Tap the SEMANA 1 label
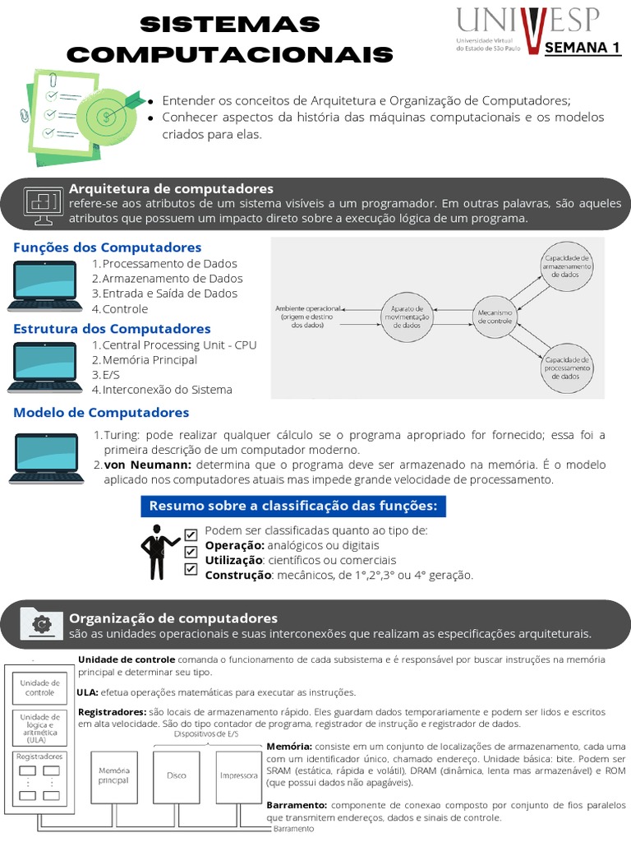pos(582,48)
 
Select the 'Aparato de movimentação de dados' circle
pos(406,317)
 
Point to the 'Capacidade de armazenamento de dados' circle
pos(567,265)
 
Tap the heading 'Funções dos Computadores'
pos(107,248)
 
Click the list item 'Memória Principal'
pos(150,360)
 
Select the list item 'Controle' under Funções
pos(125,309)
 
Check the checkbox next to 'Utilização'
pos(191,552)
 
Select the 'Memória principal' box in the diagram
pos(114,775)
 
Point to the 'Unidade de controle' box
pos(39,687)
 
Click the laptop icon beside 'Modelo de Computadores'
pos(46,457)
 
